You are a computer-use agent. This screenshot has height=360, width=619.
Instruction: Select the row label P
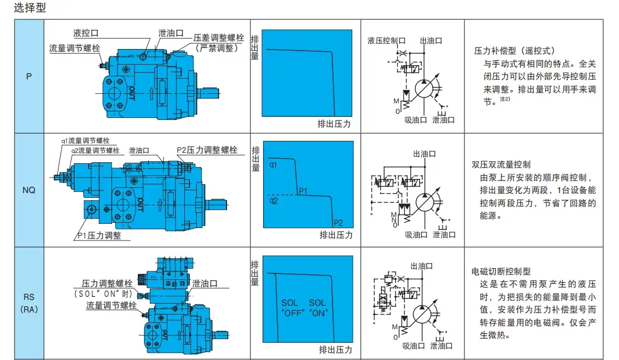click(29, 76)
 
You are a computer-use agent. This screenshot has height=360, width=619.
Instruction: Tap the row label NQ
click(29, 190)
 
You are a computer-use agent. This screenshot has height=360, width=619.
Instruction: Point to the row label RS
click(29, 297)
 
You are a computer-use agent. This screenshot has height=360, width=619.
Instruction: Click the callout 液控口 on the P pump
click(86, 33)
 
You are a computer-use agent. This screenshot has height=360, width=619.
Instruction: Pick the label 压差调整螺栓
click(219, 38)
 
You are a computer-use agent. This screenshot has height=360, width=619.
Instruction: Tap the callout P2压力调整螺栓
click(207, 150)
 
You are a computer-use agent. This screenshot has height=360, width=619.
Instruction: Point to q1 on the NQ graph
click(273, 165)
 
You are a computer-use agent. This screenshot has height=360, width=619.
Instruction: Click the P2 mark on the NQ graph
click(338, 222)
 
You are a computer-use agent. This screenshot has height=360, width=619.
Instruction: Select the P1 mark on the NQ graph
click(305, 191)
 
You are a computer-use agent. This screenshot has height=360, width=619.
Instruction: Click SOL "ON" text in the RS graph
click(317, 308)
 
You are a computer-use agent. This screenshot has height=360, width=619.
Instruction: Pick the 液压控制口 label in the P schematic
click(387, 40)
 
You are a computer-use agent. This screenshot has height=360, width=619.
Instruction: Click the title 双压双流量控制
click(501, 164)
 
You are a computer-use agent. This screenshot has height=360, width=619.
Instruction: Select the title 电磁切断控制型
click(501, 271)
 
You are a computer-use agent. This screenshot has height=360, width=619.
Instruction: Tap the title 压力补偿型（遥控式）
click(514, 51)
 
